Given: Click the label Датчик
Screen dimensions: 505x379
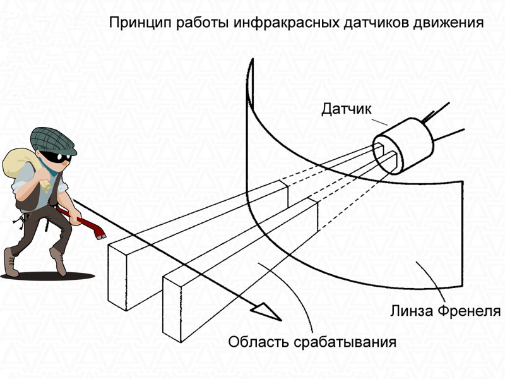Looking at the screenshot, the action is [x=346, y=109].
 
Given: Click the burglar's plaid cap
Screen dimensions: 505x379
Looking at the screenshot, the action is [x=53, y=140].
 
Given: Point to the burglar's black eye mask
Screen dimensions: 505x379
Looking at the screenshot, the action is [x=55, y=157].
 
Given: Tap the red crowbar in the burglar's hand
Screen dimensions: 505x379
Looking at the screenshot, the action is [x=81, y=222].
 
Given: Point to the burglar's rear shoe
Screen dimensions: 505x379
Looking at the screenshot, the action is [x=11, y=263].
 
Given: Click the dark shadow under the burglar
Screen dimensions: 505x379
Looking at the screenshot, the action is [x=48, y=276].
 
